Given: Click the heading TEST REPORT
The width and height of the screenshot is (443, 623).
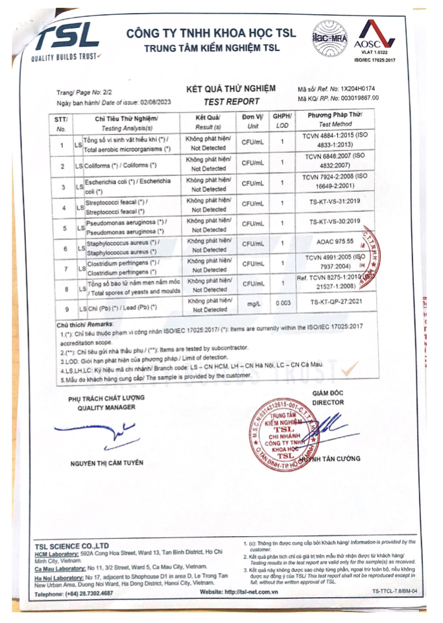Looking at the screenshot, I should pyautogui.click(x=231, y=102).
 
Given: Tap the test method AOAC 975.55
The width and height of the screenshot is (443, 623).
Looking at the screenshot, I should pyautogui.click(x=335, y=241).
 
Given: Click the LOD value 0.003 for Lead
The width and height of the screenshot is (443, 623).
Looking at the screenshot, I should pyautogui.click(x=281, y=302).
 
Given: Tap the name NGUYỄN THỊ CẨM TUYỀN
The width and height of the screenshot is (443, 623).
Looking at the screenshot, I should pyautogui.click(x=106, y=462).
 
